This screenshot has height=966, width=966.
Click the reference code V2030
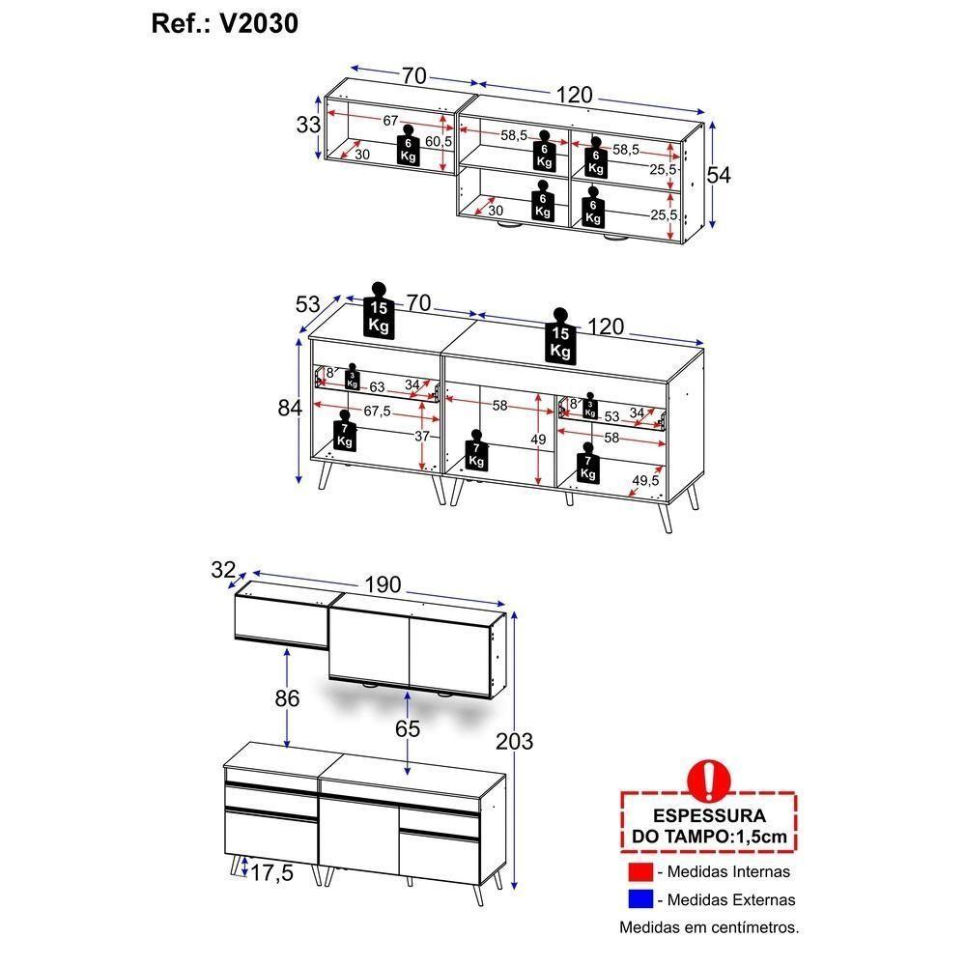259,24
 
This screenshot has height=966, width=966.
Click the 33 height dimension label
308,125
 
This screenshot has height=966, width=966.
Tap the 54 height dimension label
719,175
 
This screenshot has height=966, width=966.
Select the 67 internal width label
390,121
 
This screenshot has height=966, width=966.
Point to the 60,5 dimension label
439,142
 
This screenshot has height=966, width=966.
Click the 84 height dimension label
290,408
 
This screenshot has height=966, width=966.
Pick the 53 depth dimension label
307,303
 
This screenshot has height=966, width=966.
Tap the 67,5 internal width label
377,411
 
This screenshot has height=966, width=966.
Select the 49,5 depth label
645,480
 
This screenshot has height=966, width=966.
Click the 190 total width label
383,584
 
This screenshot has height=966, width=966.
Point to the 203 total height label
515,741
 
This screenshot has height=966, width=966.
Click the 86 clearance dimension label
287,698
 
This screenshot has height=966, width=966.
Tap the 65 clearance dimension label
408,728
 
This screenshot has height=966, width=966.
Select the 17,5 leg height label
271,873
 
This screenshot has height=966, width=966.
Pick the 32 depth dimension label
223,570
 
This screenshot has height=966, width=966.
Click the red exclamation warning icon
708,780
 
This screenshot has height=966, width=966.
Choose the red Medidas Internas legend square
640,871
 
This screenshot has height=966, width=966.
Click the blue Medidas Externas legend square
640,899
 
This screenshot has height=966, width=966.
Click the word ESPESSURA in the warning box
709,815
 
